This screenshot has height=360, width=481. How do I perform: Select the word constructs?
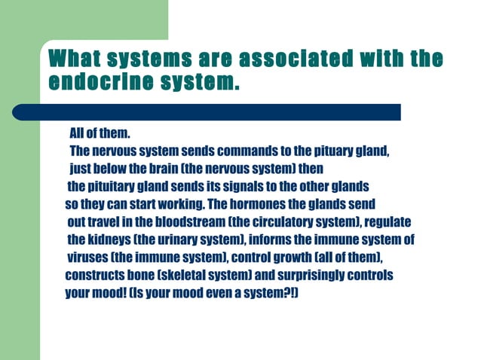coord(94,276)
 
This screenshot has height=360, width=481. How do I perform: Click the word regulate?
coord(389,222)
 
